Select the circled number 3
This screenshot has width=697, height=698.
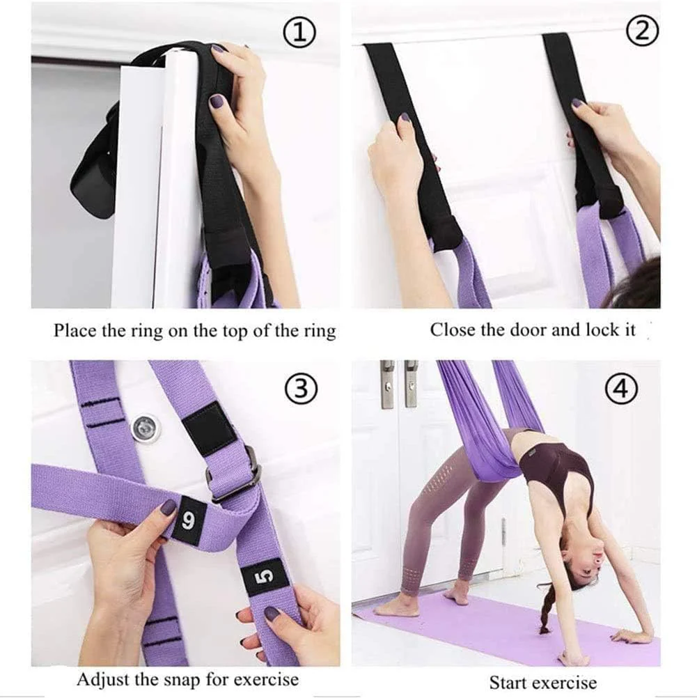301,389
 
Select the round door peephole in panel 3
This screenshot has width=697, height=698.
146,428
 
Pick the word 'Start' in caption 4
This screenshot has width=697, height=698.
509,682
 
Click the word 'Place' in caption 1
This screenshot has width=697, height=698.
75,329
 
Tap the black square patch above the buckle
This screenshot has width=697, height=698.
210,428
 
